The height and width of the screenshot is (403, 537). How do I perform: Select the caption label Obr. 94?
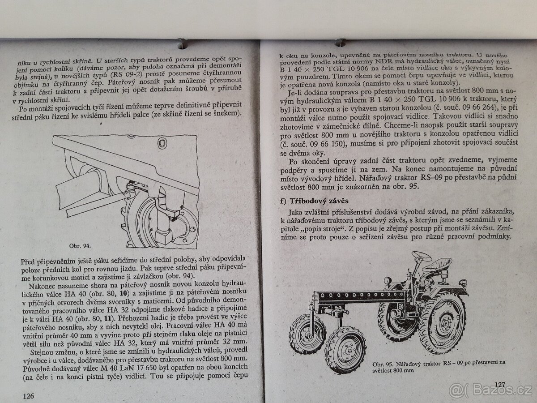point(80,246)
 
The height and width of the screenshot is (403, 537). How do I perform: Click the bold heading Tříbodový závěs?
point(319,201)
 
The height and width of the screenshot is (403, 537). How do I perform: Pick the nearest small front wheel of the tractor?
point(345,350)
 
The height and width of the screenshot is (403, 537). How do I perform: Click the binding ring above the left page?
point(182,43)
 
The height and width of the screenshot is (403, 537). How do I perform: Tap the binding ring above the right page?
point(340,42)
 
